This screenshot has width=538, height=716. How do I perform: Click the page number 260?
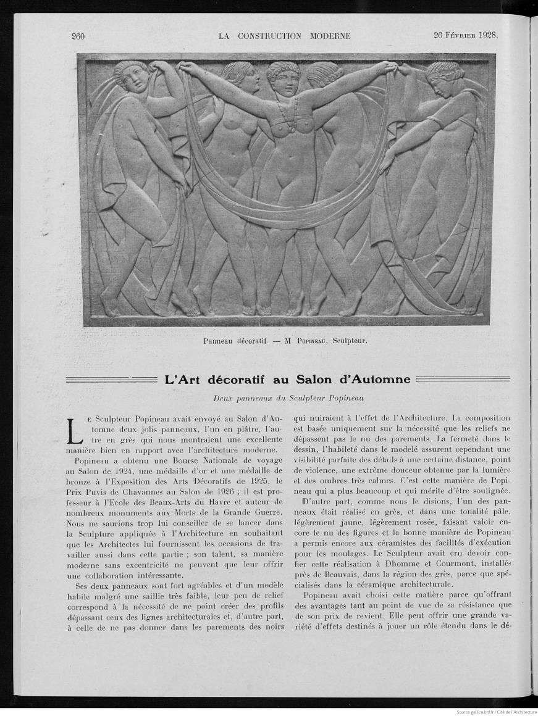[x=78, y=36]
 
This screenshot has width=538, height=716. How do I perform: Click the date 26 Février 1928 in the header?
[x=466, y=35]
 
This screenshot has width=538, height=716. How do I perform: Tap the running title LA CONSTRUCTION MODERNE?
[x=284, y=36]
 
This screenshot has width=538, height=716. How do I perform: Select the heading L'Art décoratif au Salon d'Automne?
[x=287, y=379]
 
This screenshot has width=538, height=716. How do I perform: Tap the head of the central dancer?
[x=283, y=75]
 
